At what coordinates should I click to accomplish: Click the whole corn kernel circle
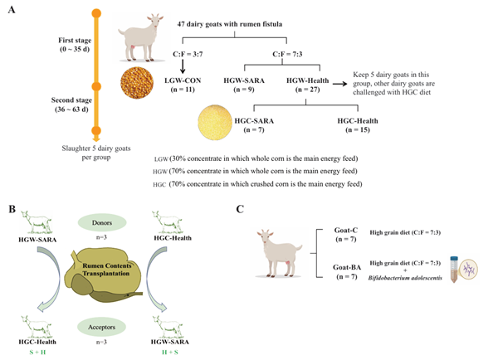137,83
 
